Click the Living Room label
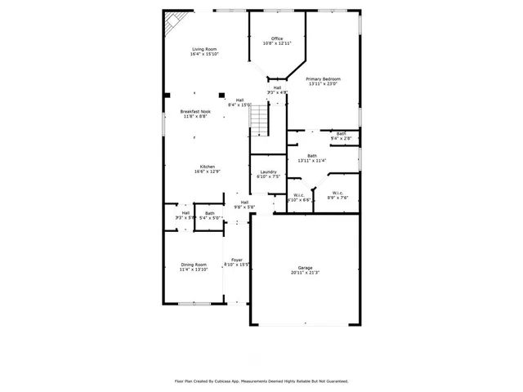pos(203,50)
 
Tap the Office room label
pos(277,38)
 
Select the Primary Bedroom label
pos(324,78)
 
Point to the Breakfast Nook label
pos(194,111)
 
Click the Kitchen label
pos(208,167)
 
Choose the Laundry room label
pos(268,171)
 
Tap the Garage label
pos(305,268)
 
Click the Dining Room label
pos(194,264)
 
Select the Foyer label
pos(237,260)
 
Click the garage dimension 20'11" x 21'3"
pos(305,273)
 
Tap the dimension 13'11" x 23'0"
pos(324,83)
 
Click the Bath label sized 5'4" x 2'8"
pos(341,133)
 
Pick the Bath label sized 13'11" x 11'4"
pos(312,155)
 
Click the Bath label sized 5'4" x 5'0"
pos(210,213)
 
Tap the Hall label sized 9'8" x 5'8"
pos(244,203)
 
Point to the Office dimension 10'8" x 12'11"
pos(277,43)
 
